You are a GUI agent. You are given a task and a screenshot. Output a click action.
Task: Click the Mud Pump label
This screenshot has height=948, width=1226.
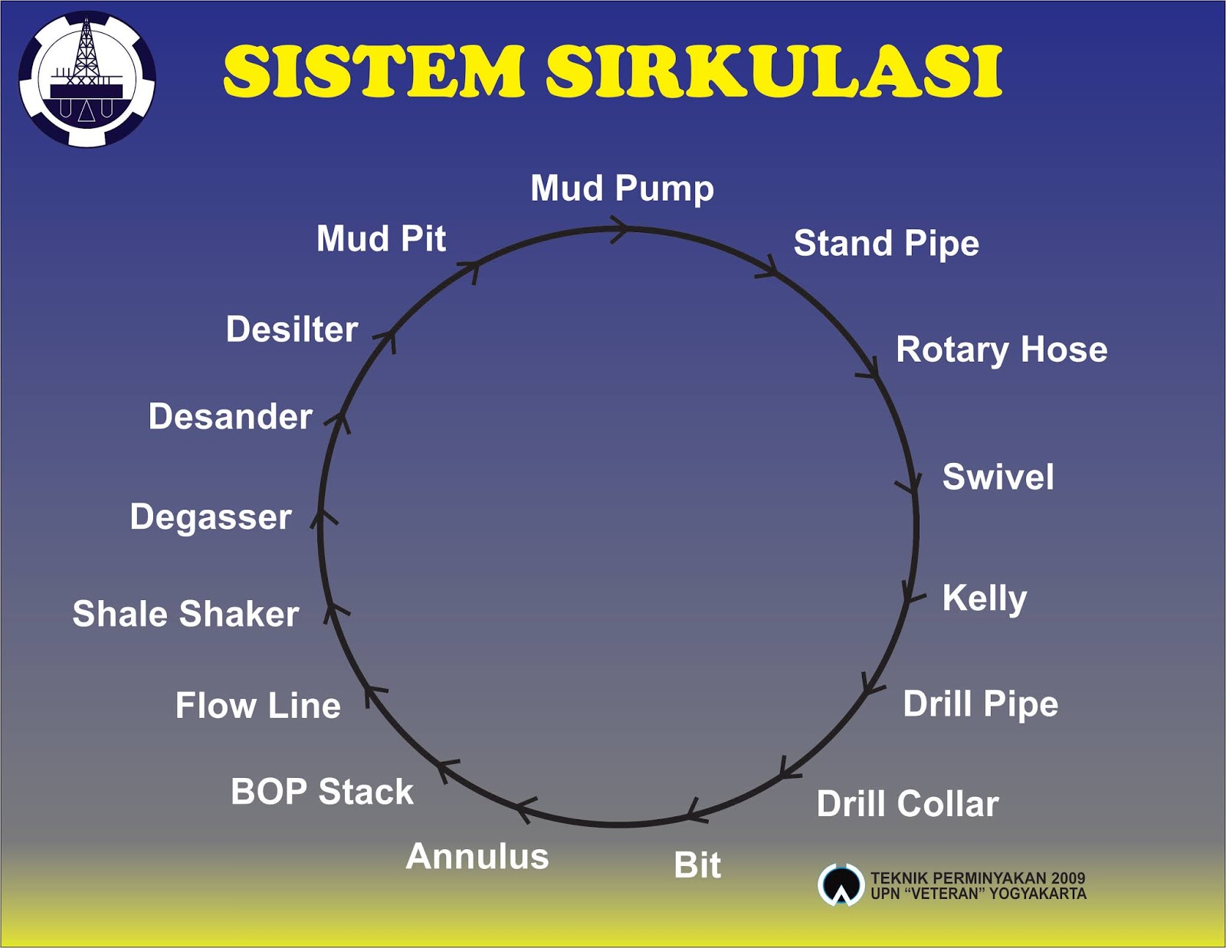click(x=621, y=189)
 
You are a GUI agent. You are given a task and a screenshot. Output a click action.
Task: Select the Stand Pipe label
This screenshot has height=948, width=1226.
click(x=886, y=244)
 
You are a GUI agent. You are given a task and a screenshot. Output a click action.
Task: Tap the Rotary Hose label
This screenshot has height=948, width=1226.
click(x=1001, y=349)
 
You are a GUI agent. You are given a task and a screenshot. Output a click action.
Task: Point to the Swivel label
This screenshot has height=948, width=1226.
click(x=998, y=477)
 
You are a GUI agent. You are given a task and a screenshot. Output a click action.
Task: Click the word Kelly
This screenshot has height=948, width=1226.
click(x=984, y=598)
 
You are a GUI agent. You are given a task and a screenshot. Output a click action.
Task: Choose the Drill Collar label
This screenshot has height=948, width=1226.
click(x=907, y=804)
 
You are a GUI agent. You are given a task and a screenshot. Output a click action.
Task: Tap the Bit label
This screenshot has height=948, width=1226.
click(x=697, y=865)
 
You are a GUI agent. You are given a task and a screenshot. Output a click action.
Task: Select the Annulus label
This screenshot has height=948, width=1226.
click(x=477, y=856)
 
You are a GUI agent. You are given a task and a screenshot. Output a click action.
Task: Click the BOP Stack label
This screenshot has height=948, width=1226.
click(x=322, y=792)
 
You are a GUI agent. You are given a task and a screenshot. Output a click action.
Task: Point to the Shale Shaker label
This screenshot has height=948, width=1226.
click(x=185, y=614)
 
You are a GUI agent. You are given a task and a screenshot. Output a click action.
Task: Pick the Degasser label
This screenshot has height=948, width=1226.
click(x=211, y=517)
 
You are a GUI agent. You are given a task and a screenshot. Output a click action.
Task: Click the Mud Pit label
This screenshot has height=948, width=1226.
click(x=381, y=238)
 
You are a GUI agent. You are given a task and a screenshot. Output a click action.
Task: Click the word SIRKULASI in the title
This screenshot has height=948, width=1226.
click(x=774, y=71)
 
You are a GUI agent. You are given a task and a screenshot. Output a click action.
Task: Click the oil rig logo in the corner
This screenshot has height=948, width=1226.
click(x=87, y=79)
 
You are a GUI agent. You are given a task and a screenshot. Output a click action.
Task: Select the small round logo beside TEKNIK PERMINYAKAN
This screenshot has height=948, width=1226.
click(x=841, y=885)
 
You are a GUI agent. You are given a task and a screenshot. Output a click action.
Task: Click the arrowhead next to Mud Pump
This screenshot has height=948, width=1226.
click(x=621, y=228)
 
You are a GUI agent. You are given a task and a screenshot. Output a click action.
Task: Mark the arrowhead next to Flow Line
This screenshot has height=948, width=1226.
click(x=373, y=694)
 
